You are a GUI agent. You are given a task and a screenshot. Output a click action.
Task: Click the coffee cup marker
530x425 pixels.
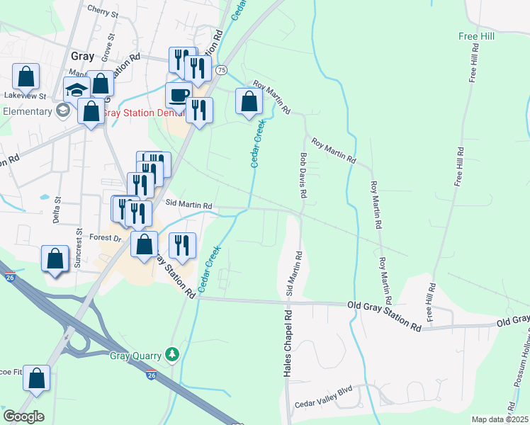pyautogui.click(x=179, y=95)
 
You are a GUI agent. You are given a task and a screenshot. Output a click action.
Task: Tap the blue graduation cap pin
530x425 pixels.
pyautogui.click(x=76, y=90)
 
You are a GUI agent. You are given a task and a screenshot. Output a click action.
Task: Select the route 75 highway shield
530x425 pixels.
pyautogui.click(x=222, y=69)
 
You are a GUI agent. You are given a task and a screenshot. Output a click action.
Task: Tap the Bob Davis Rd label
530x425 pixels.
pyautogui.click(x=303, y=175)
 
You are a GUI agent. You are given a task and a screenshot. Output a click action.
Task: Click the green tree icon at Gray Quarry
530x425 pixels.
pyautogui.click(x=171, y=353)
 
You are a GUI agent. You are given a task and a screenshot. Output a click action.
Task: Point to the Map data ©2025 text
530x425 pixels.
pyautogui.click(x=499, y=419)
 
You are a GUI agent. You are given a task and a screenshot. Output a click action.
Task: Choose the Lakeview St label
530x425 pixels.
pyautogui.click(x=25, y=96)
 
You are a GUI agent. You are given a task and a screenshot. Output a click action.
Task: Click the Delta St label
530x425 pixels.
pyautogui.click(x=57, y=210)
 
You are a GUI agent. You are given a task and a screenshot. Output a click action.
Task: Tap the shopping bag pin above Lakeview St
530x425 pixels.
pyautogui.click(x=26, y=76)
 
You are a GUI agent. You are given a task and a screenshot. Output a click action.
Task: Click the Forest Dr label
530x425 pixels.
pyautogui.click(x=106, y=238)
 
